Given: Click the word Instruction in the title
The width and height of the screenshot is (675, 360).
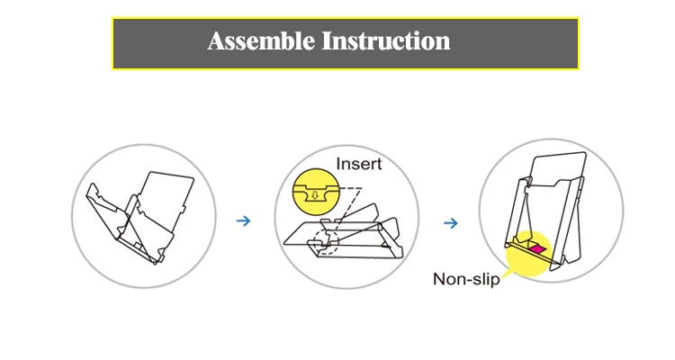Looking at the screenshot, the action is (x=386, y=41).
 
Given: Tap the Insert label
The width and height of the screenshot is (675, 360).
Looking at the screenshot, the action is (x=358, y=164).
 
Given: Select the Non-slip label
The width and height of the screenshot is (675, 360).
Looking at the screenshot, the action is (x=466, y=279).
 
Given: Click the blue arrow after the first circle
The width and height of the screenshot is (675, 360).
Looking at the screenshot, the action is (x=244, y=220).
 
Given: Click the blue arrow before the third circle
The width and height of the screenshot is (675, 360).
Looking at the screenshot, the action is (x=451, y=223).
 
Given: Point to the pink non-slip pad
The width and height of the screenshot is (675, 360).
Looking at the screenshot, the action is (x=536, y=249).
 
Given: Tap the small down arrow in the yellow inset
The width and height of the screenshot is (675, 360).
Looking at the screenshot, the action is (x=315, y=195).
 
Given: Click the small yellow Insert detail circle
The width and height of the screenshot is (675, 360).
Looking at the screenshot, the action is (x=316, y=192).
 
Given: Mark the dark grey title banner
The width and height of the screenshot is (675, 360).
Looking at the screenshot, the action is (x=346, y=43).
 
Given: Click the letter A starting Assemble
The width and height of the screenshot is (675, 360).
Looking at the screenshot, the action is (x=217, y=41).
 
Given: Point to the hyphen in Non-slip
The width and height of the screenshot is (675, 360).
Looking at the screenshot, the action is (x=470, y=280).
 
